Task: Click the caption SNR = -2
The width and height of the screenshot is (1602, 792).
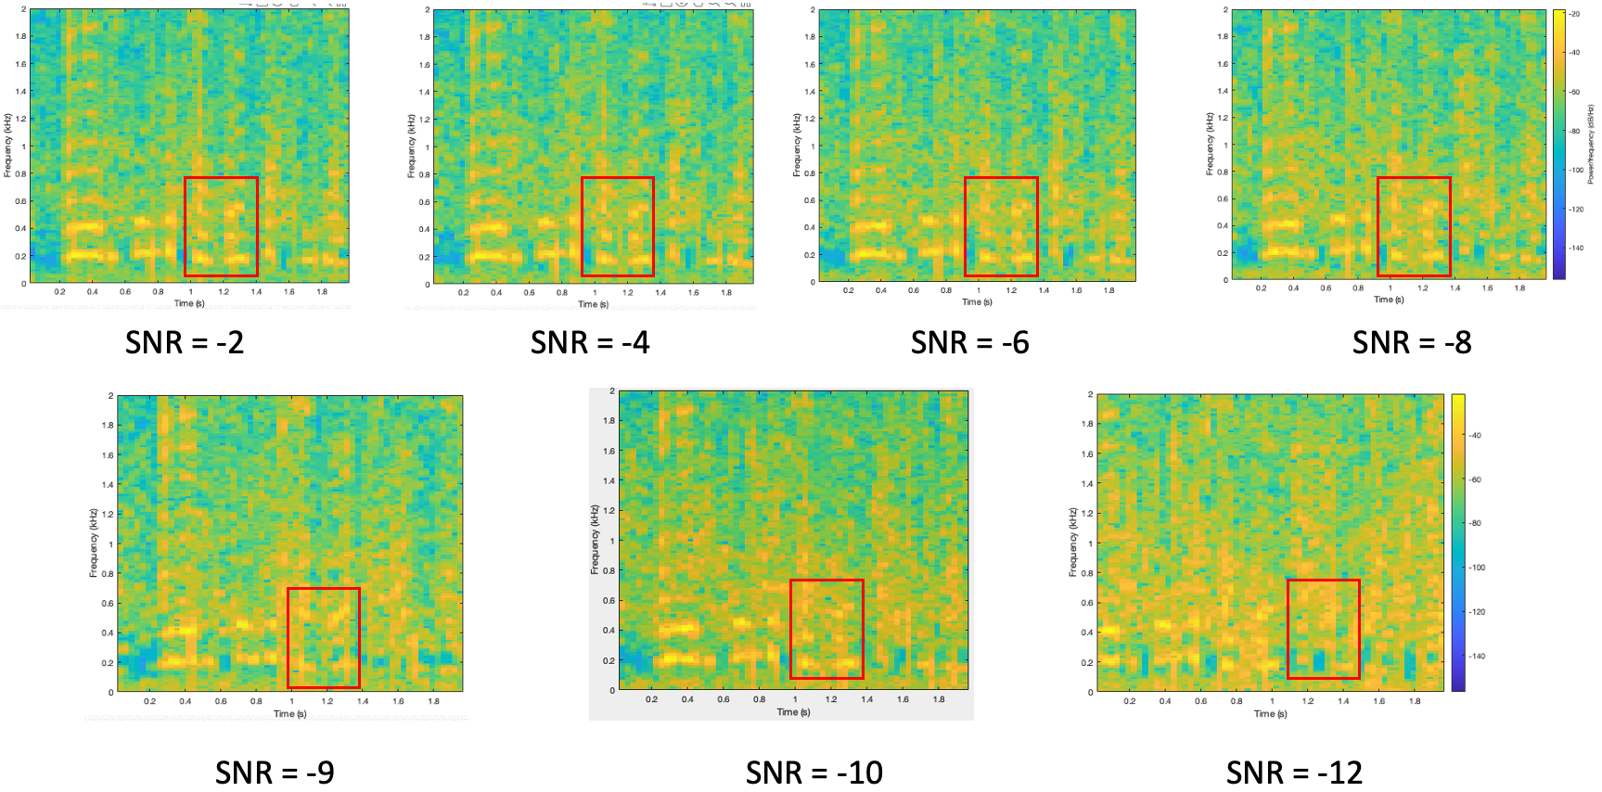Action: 185,342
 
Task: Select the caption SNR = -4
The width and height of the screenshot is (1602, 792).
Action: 590,342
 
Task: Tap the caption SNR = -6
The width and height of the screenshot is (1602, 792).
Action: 969,342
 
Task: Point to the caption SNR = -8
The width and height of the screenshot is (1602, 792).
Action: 1412,342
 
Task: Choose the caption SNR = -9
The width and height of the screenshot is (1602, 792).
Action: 275,772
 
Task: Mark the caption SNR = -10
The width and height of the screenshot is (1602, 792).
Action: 814,772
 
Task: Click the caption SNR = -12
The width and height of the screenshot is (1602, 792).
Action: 1294,772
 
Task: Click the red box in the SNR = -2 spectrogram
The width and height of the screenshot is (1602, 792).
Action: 221,226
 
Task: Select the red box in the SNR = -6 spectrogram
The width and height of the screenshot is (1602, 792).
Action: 1001,226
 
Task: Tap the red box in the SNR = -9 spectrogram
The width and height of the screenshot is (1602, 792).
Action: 324,637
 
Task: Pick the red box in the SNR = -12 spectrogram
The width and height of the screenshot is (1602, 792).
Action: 1324,629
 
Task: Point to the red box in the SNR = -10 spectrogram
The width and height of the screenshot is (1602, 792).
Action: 827,629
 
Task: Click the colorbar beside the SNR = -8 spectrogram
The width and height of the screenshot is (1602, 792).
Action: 1559,144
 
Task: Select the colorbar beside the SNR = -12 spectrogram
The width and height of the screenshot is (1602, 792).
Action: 1458,543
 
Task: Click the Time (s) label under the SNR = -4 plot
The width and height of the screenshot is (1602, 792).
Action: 594,304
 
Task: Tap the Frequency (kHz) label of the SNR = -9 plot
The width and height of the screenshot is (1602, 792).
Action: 94,543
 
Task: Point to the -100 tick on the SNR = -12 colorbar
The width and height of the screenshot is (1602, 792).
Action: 1477,568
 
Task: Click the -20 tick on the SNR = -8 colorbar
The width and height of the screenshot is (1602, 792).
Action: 1574,14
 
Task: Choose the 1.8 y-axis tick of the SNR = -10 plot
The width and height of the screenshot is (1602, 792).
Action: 609,421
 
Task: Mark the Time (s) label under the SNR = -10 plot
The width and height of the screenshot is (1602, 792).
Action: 793,712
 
